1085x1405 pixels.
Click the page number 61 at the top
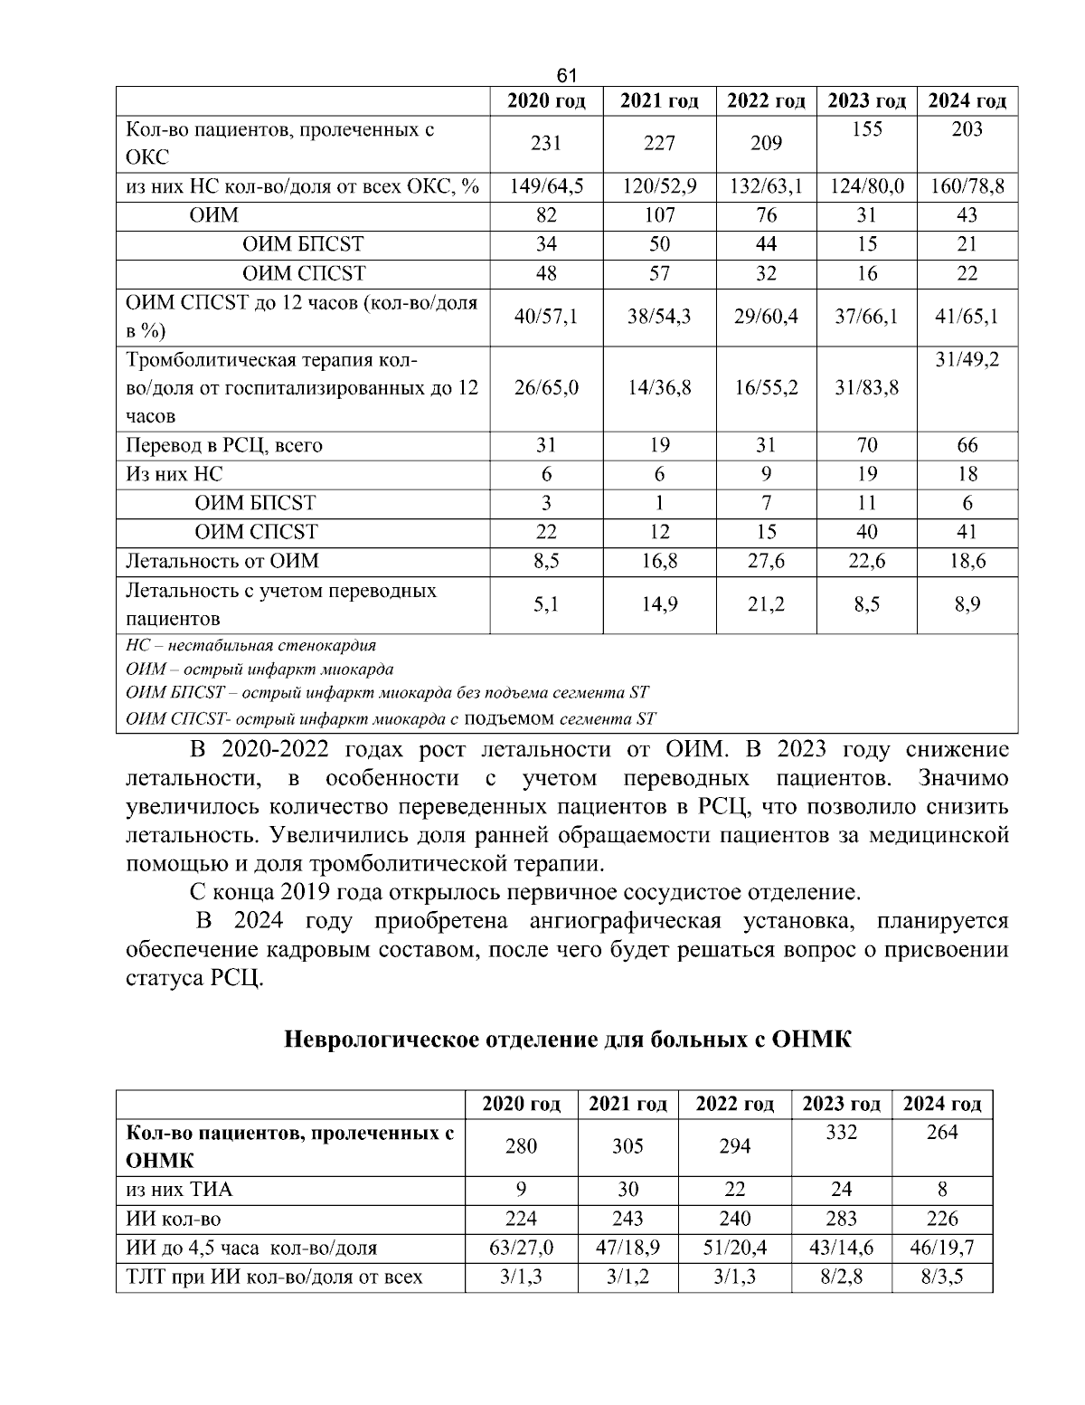567,75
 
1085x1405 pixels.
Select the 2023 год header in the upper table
866,100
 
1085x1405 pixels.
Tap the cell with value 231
546,143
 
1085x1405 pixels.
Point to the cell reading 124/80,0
866,187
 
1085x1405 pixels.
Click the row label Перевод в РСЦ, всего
223,445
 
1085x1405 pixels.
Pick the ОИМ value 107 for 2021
659,215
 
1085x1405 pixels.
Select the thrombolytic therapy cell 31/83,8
866,388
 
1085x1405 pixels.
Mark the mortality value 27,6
766,561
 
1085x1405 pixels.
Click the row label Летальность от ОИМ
222,561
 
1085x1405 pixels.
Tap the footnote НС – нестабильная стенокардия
250,646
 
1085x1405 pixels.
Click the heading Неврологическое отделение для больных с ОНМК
568,1039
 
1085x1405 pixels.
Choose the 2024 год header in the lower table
942,1104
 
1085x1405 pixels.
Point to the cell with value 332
842,1133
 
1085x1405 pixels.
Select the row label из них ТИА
172,1190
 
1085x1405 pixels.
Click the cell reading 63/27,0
521,1248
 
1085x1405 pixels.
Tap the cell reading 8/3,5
942,1277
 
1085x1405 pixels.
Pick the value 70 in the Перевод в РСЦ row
866,445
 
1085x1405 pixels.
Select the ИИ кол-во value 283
842,1219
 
